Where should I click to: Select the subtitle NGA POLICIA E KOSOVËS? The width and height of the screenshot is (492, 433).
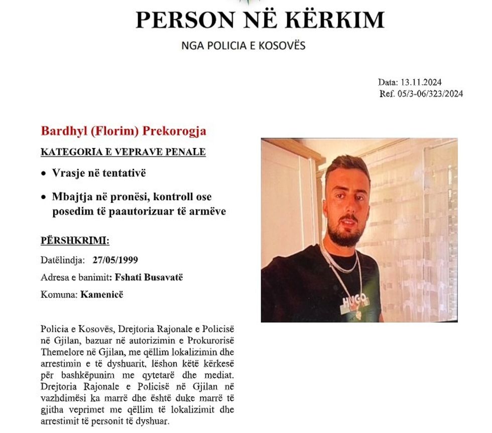(243, 46)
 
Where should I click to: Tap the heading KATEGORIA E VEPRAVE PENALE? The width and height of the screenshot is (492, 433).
(123, 152)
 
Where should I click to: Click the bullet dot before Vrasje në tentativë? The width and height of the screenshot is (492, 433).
(44, 174)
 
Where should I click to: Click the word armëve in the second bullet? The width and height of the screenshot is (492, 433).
(208, 211)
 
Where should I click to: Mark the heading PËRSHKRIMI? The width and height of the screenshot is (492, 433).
(74, 241)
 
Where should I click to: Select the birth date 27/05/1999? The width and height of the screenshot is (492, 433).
(115, 260)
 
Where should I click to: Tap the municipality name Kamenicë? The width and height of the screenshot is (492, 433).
(101, 295)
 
